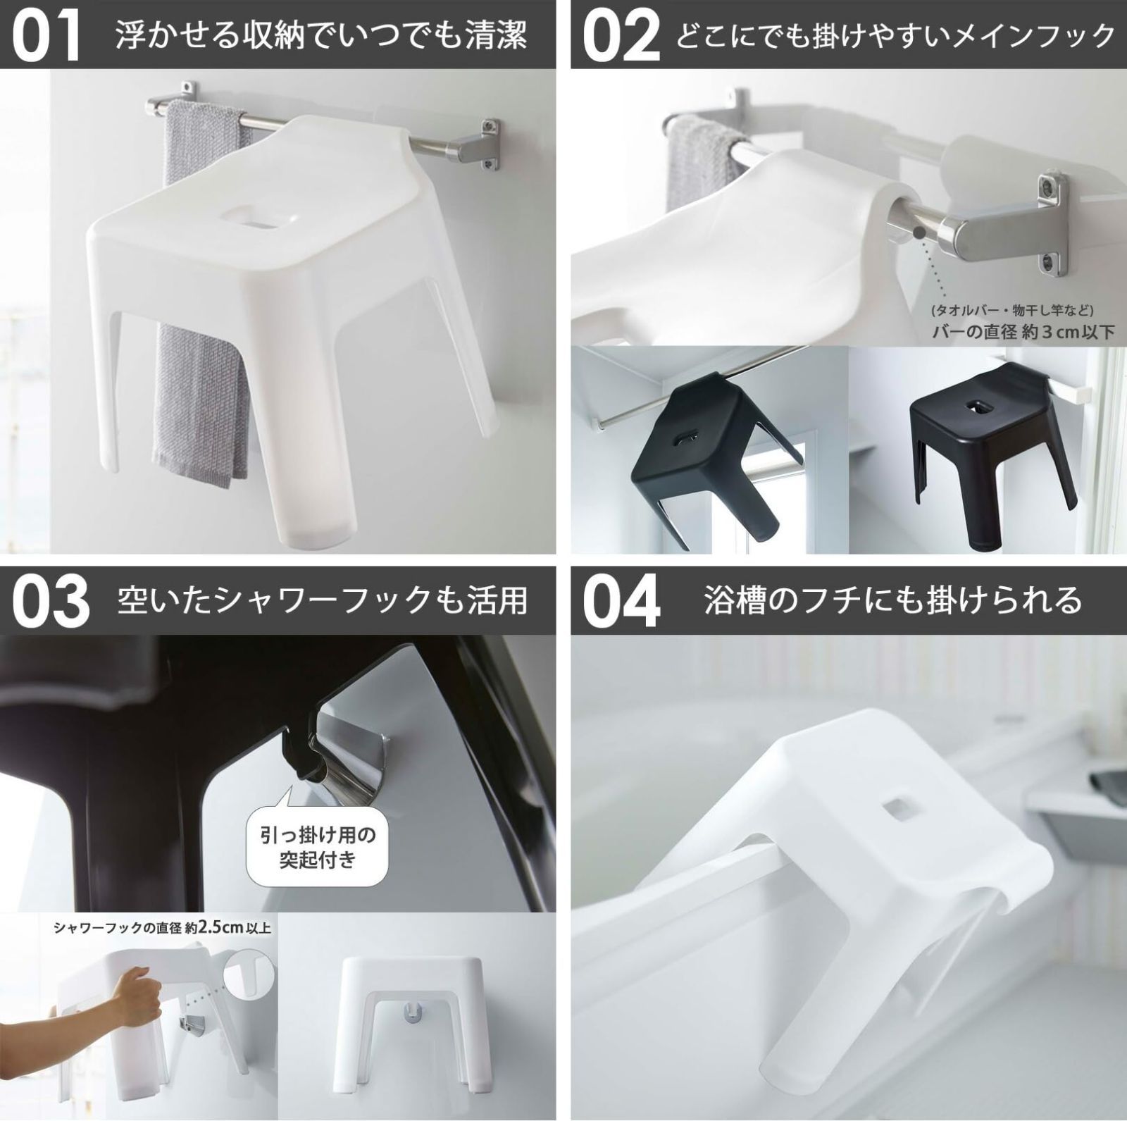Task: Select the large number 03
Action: [x=51, y=601]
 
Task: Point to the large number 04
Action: [x=621, y=601]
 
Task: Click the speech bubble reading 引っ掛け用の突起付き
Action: [x=318, y=847]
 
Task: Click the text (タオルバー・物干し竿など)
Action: [x=1011, y=310]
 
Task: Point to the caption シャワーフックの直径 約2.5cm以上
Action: [x=162, y=928]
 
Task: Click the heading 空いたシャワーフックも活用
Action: [x=322, y=600]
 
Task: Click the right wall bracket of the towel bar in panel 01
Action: [x=486, y=144]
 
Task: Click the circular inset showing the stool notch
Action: [x=248, y=973]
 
